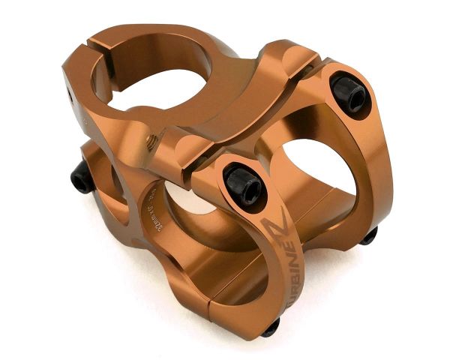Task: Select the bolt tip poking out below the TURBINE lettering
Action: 270,327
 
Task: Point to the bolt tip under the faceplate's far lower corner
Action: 368,237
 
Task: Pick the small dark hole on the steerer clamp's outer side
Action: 72,94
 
